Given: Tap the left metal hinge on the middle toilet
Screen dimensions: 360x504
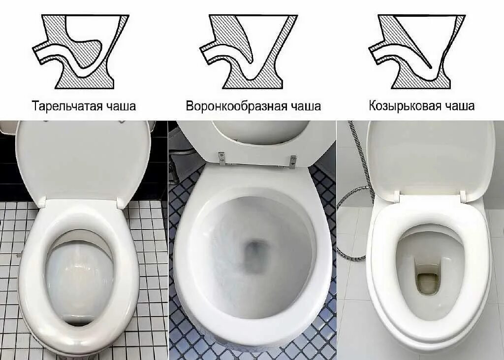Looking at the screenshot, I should pos(222,158).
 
